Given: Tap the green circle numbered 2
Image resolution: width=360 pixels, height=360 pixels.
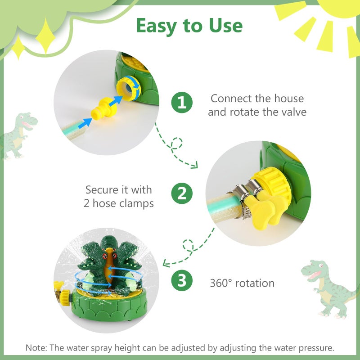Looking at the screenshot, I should pyautogui.click(x=182, y=194).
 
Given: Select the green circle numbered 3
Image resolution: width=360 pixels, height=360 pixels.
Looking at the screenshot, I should pyautogui.click(x=182, y=282).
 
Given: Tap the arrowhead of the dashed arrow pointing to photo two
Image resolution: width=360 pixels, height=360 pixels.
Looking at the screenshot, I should pyautogui.click(x=194, y=166).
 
